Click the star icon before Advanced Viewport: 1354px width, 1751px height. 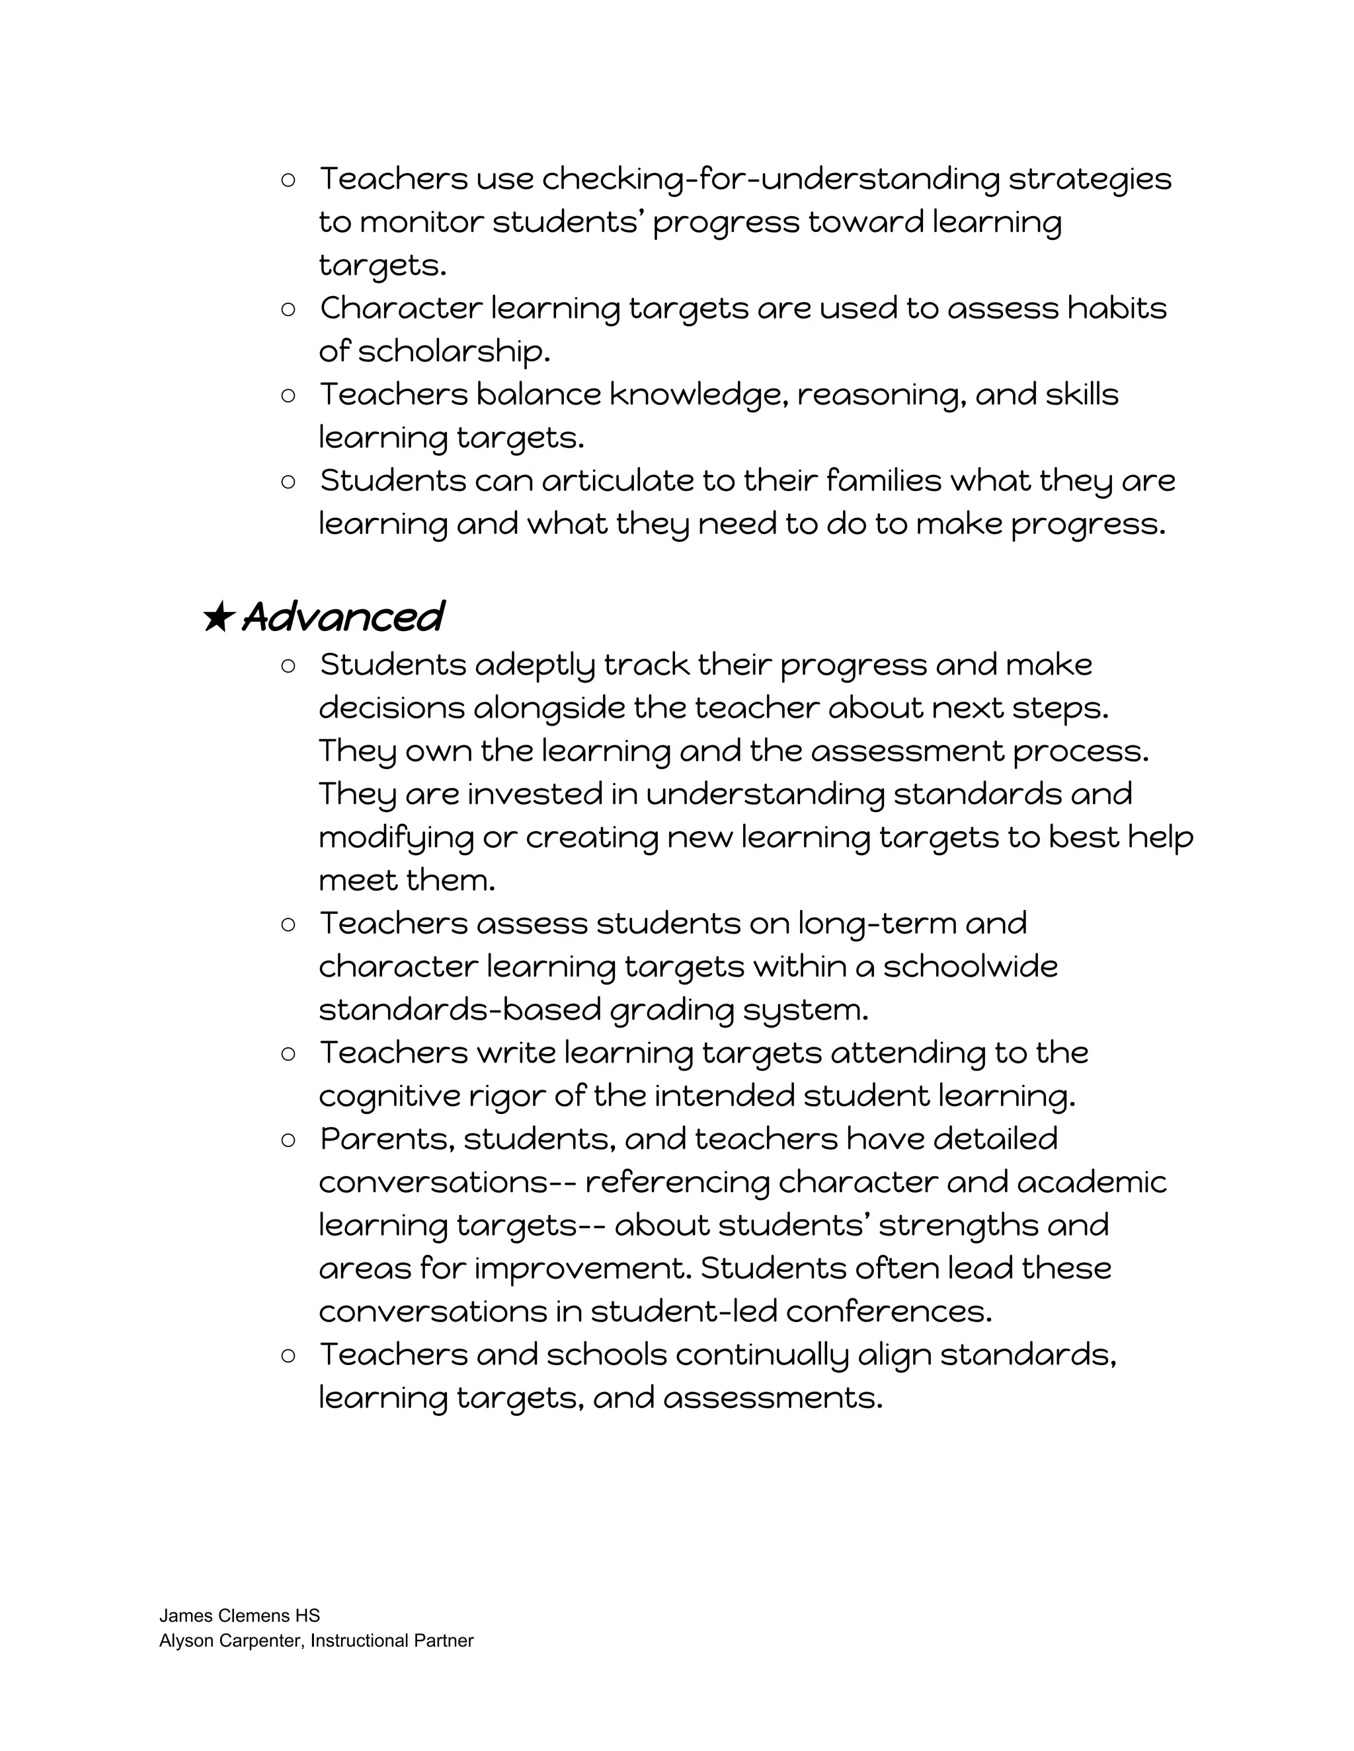point(218,617)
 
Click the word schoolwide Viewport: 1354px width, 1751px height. point(970,967)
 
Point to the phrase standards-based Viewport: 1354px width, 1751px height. point(459,1010)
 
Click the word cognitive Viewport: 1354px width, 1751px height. point(389,1097)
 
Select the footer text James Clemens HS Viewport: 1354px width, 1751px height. point(239,1616)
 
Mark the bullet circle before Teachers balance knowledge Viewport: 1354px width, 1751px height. point(289,395)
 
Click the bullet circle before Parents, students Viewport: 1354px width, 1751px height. point(289,1140)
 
